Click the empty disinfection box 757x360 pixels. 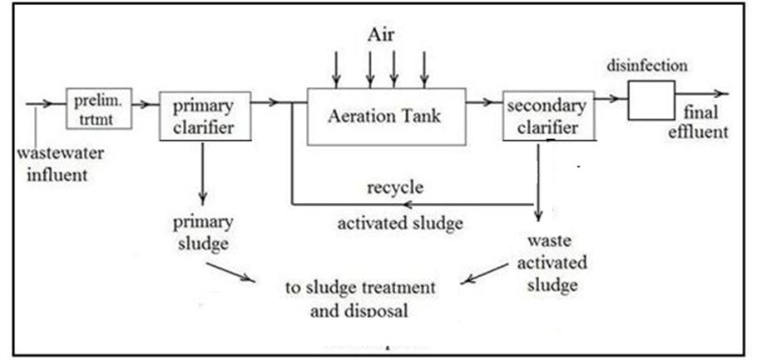pos(651,101)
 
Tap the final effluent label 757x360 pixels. pos(705,122)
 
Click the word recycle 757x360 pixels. pos(395,187)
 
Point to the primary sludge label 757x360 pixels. pos(201,234)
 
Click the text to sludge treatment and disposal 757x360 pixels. pos(360,299)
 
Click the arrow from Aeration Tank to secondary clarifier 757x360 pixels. pos(481,102)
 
